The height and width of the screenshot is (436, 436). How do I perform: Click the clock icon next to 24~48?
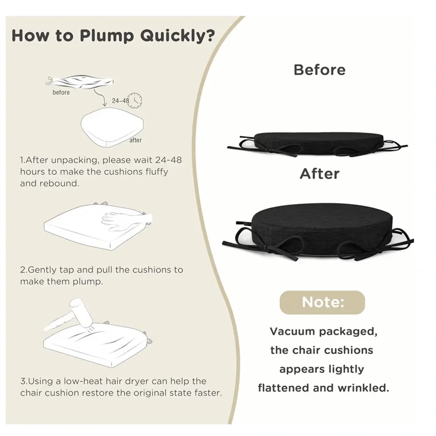coord(136,100)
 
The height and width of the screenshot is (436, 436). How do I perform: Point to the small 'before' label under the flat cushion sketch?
coord(61,92)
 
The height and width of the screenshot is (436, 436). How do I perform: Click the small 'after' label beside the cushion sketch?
coord(136,140)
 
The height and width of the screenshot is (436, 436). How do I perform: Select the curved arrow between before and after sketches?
coord(100,97)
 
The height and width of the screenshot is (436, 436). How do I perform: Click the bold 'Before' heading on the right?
coord(320,70)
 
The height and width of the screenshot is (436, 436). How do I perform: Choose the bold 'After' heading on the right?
coord(320,174)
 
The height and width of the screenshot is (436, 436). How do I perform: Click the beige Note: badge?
coord(322,303)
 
